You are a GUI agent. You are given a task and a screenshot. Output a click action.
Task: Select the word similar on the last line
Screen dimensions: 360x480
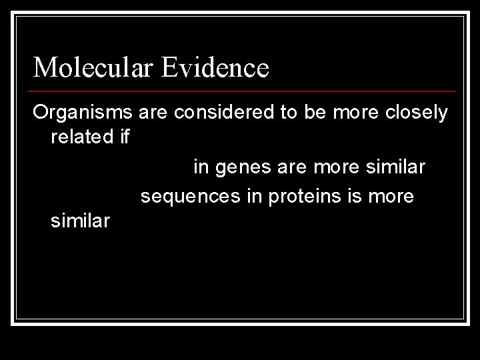80,221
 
